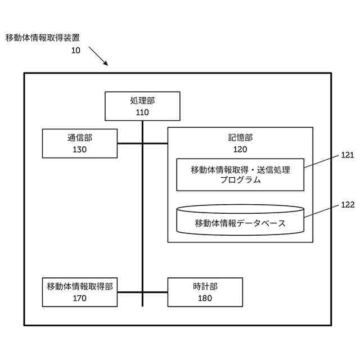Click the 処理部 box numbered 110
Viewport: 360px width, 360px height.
click(x=142, y=106)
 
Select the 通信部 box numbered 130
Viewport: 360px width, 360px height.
click(x=80, y=143)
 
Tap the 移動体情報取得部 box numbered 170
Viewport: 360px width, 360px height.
click(x=80, y=292)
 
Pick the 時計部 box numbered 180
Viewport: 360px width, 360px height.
click(x=205, y=292)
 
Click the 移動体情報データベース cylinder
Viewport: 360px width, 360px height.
click(x=240, y=220)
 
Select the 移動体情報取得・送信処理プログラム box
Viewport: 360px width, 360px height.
click(x=240, y=175)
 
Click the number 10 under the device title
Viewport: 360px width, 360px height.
click(x=75, y=50)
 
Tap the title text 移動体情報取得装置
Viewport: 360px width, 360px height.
click(x=42, y=38)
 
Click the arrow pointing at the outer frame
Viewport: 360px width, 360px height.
click(x=98, y=56)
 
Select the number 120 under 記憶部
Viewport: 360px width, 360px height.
click(x=240, y=150)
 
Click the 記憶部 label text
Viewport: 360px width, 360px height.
click(x=240, y=138)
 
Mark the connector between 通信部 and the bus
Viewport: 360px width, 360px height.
click(x=129, y=143)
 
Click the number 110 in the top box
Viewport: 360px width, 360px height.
click(x=142, y=112)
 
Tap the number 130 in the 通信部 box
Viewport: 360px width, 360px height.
click(x=80, y=150)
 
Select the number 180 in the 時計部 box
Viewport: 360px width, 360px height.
click(x=205, y=298)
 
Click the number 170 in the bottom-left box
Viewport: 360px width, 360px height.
click(x=80, y=298)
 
